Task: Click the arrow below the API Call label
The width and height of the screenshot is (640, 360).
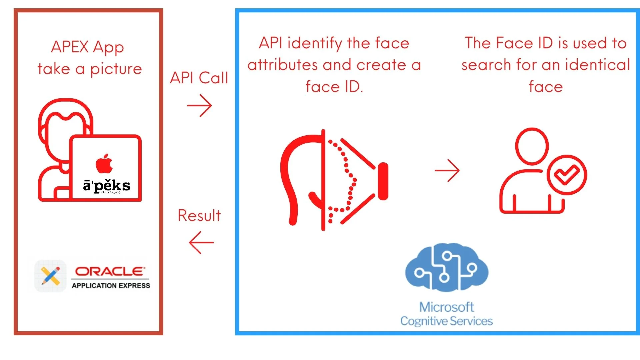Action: [199, 106]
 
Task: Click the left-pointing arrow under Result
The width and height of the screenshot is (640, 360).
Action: [201, 243]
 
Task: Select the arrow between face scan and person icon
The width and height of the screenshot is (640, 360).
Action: [447, 170]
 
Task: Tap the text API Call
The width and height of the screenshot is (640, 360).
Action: [199, 78]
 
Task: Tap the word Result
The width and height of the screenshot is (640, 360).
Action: [199, 216]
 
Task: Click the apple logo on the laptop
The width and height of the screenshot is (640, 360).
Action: [104, 164]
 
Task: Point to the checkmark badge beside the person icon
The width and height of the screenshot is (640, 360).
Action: [567, 175]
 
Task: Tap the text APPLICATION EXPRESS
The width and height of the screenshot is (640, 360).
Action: [111, 286]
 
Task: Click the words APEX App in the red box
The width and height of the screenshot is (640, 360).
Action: [87, 47]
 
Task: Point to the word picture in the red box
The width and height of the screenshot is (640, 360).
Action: [116, 69]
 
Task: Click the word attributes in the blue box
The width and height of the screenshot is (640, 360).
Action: [283, 65]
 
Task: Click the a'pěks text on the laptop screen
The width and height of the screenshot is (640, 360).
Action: [107, 185]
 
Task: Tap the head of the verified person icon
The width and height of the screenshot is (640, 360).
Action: [532, 146]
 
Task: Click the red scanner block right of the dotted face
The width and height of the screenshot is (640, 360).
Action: [383, 181]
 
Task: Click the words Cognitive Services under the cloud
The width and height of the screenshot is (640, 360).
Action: [446, 321]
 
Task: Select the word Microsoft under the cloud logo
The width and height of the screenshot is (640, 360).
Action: [446, 307]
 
